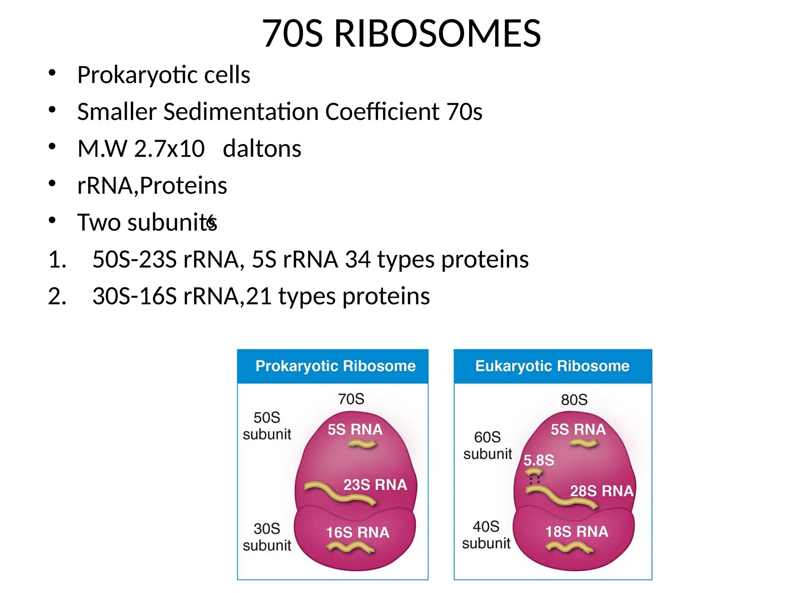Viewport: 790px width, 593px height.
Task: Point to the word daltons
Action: click(262, 149)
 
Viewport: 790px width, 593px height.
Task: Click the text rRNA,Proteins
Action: click(152, 186)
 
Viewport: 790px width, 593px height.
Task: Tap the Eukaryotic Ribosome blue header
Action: click(552, 366)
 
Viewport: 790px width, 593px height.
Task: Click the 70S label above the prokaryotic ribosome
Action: click(351, 399)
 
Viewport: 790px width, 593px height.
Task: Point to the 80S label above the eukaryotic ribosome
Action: click(574, 400)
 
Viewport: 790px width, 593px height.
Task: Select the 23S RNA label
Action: click(375, 485)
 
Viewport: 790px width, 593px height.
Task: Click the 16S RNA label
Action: click(358, 532)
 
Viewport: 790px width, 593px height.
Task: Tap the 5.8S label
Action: click(538, 460)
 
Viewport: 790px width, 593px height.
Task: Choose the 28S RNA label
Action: click(601, 491)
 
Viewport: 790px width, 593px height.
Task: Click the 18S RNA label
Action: click(577, 532)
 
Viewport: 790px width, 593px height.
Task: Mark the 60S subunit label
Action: click(488, 446)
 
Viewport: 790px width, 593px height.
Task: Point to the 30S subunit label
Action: click(267, 537)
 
